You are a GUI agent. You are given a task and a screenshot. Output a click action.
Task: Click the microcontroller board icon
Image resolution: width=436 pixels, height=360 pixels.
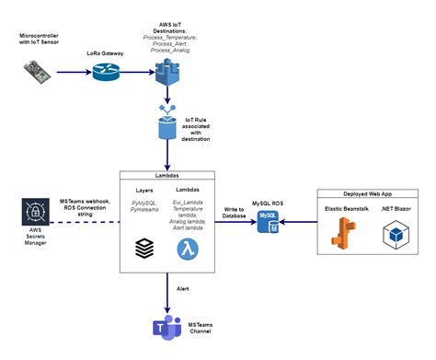39,70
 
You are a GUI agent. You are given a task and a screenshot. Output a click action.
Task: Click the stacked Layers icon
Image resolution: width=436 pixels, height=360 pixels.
143,248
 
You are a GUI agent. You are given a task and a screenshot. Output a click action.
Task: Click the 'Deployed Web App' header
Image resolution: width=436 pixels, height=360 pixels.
370,195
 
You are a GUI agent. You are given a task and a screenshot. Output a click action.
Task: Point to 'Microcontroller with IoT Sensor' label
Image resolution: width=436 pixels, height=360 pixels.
38,38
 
